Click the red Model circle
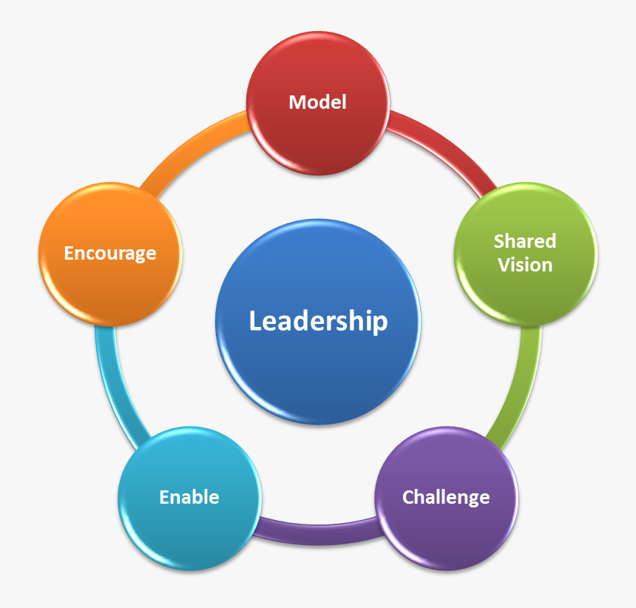tap(318, 103)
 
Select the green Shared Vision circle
tap(526, 254)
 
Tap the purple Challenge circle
tap(446, 498)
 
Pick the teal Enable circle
tap(190, 498)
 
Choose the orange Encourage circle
tap(110, 254)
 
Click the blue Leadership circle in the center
tap(318, 322)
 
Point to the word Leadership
tap(319, 321)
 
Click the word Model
tap(317, 102)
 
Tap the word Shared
tap(525, 241)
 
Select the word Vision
tap(525, 265)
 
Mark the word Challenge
tap(446, 498)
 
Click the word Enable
tap(189, 497)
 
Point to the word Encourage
tap(110, 254)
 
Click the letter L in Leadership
tap(257, 321)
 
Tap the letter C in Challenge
tap(409, 497)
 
